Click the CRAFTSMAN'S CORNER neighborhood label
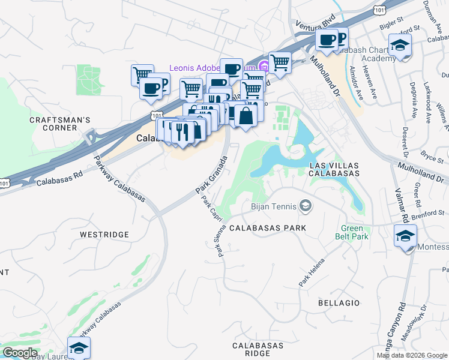coord(60,124)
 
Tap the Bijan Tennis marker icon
coord(306,207)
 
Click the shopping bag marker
coord(246,115)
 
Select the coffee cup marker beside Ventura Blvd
coord(327,40)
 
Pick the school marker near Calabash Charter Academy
coord(399,45)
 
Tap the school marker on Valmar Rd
coord(406,235)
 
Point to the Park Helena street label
coord(312,272)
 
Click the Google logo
coord(20,353)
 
